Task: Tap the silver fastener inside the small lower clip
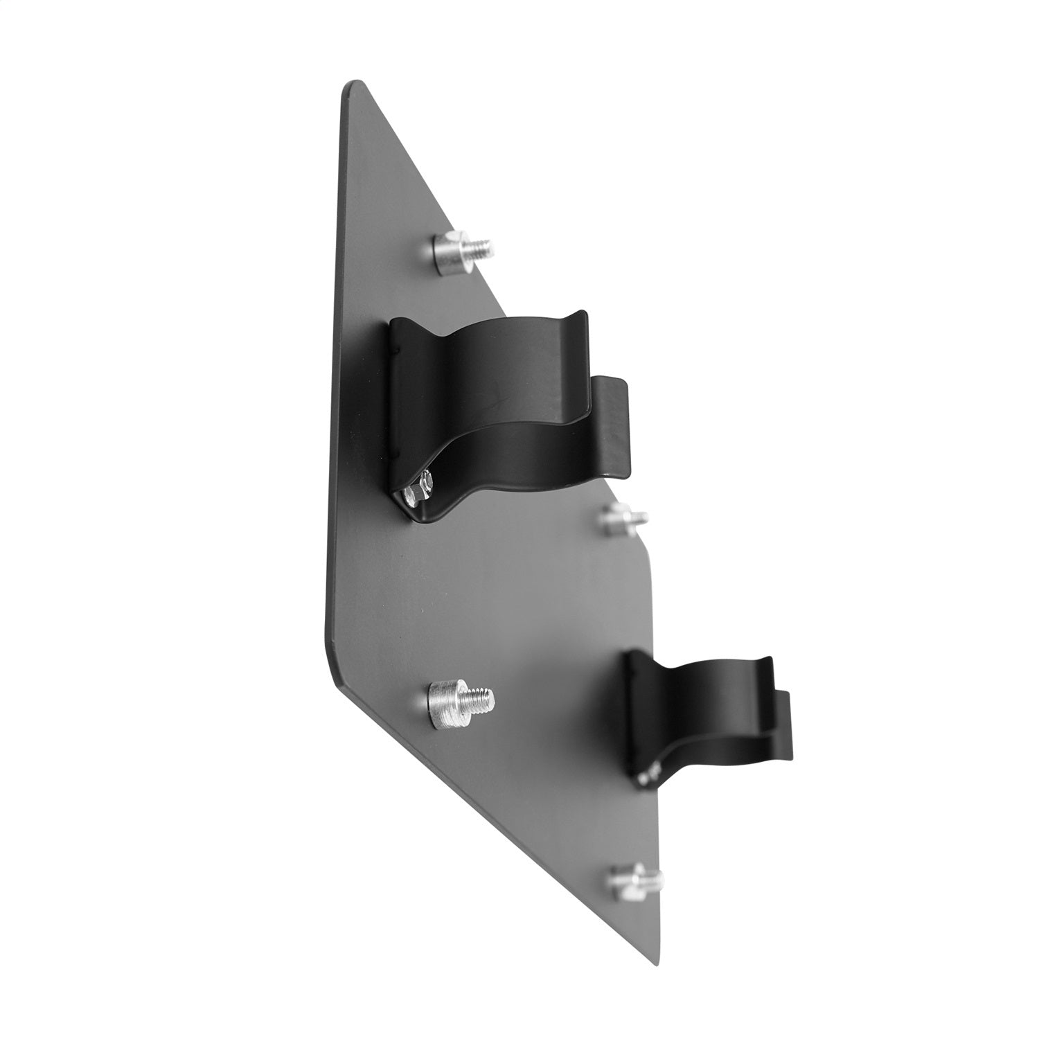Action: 648,774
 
